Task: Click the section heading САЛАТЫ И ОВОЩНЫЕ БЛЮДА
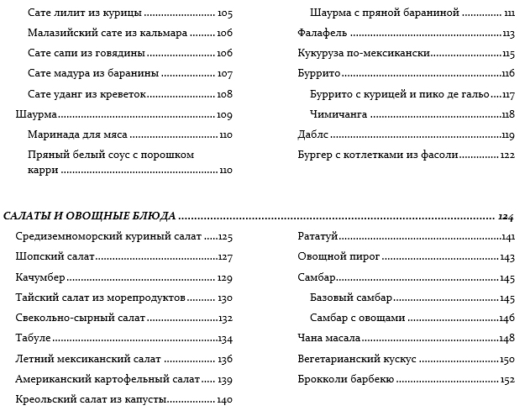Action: tap(88, 217)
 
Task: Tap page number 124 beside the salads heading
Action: tap(505, 217)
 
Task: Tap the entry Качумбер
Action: tap(40, 278)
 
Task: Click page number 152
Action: tap(506, 380)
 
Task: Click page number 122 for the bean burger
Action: tap(506, 155)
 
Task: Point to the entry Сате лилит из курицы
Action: tap(84, 13)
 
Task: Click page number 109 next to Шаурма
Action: tap(224, 115)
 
